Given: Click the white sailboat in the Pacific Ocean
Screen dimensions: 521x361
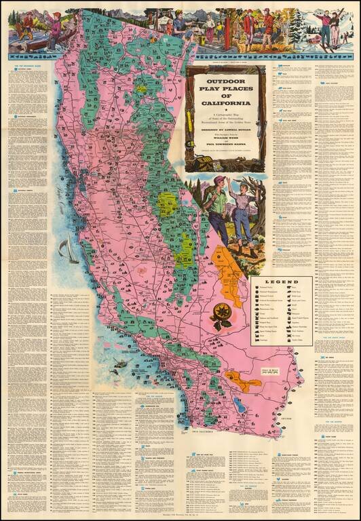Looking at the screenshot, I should click(67, 251).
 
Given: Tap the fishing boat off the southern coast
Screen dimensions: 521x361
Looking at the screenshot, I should click(120, 364).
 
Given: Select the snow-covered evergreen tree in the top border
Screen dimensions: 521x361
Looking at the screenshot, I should click(297, 30).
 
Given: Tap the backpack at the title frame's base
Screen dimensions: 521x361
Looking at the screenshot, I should click(202, 163).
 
